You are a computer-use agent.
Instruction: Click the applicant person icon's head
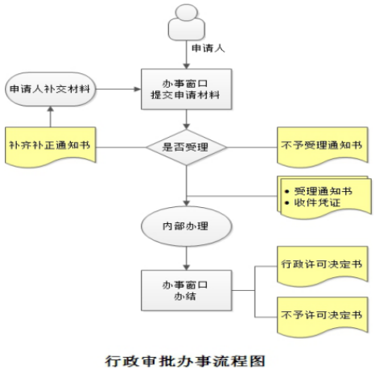click(x=187, y=12)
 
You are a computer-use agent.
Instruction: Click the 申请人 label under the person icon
click(x=208, y=48)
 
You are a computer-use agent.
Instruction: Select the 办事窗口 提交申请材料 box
click(x=187, y=89)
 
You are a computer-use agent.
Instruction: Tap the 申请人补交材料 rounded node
click(x=51, y=89)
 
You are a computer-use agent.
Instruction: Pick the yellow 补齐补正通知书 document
click(x=51, y=147)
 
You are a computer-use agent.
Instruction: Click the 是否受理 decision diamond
click(x=187, y=148)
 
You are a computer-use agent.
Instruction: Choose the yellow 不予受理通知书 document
click(x=323, y=147)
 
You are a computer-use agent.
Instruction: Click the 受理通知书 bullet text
click(x=323, y=191)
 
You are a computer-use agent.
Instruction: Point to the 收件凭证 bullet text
click(x=317, y=202)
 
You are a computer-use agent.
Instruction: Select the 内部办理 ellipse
click(x=187, y=226)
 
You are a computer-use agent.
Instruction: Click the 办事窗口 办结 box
click(x=187, y=290)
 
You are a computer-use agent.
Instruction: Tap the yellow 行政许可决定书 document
click(x=323, y=266)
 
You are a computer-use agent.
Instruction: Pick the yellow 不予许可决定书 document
click(x=323, y=317)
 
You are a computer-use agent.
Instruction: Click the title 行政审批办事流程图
click(x=185, y=361)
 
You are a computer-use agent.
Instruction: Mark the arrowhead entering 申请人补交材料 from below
click(x=51, y=109)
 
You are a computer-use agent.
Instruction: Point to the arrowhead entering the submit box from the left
click(x=138, y=89)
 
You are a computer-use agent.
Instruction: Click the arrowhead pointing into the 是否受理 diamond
click(x=187, y=127)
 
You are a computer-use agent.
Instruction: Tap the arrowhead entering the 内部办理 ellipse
click(x=187, y=203)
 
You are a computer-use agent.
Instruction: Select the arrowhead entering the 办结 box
click(x=187, y=267)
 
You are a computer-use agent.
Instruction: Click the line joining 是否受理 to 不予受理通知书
click(x=252, y=148)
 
